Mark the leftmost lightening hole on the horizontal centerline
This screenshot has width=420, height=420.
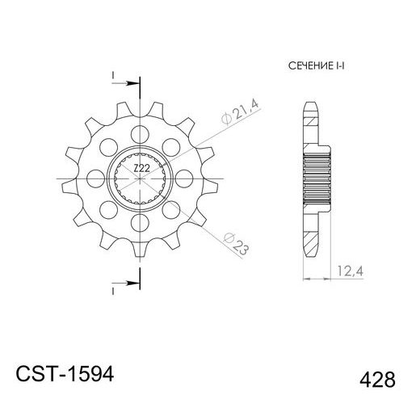pos(97,176)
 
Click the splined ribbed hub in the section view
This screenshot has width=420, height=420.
pos(318,176)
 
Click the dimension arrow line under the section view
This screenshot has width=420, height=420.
pos(317,279)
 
